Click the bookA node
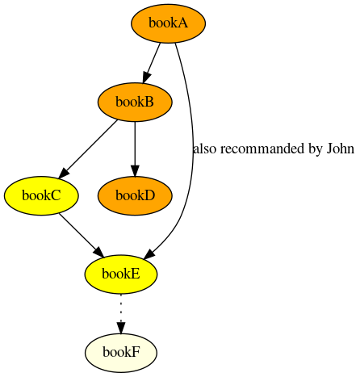click(169, 23)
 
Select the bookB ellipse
click(135, 103)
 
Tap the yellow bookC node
click(41, 195)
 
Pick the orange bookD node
click(135, 195)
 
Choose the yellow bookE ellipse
click(121, 274)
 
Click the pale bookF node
click(121, 353)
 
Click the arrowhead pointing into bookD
click(135, 171)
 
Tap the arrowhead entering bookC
click(64, 173)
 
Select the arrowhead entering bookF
click(121, 329)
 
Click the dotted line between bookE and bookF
click(121, 308)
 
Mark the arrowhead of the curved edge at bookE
click(149, 254)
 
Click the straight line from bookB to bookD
click(135, 144)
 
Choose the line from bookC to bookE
click(77, 232)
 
